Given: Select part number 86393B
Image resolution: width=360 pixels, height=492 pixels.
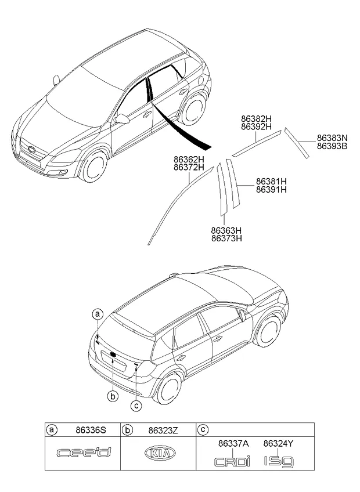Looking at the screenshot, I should click(x=332, y=147).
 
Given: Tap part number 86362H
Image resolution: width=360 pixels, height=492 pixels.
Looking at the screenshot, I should click(x=189, y=160).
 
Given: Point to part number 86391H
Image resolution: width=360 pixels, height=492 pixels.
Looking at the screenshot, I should click(x=271, y=190).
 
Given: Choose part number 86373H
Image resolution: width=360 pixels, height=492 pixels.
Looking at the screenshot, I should click(x=226, y=238).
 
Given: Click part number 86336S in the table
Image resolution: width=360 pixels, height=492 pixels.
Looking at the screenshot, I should click(x=90, y=430).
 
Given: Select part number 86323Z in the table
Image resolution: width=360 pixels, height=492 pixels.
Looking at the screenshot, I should click(x=163, y=430).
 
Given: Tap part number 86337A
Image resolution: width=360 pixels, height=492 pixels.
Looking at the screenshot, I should click(x=233, y=444).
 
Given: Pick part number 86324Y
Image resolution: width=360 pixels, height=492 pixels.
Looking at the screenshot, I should click(x=279, y=444).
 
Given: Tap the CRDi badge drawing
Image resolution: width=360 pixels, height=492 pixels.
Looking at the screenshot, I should click(x=232, y=462).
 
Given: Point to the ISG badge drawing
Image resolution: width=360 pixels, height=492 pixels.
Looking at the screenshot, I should click(x=279, y=462).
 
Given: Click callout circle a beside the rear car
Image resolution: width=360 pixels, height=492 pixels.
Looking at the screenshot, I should click(x=98, y=314).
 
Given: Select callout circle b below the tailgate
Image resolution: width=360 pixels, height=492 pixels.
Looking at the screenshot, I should click(x=112, y=396).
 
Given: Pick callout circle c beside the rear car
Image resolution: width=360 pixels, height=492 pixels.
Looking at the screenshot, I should click(x=136, y=406).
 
